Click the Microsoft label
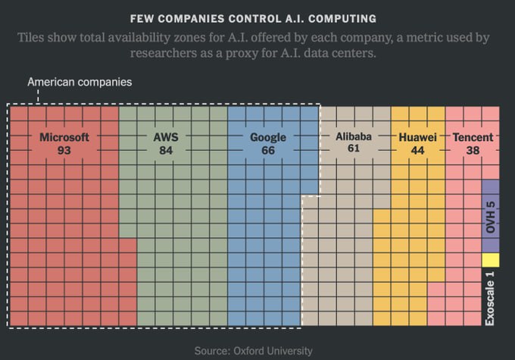click(x=64, y=138)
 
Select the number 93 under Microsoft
click(x=64, y=151)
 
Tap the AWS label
click(x=166, y=138)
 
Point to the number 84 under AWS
click(x=166, y=151)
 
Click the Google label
click(x=268, y=138)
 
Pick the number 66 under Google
click(x=268, y=151)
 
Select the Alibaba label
click(x=354, y=136)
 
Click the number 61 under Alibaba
click(x=354, y=149)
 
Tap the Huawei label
click(x=417, y=138)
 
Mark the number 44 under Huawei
click(x=417, y=151)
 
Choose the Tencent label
click(x=473, y=138)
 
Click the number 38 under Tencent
click(x=473, y=151)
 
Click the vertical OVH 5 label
click(x=490, y=216)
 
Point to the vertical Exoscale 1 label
click(x=490, y=298)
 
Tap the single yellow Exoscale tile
click(x=490, y=260)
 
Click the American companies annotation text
click(x=80, y=82)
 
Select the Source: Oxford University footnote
click(x=253, y=351)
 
